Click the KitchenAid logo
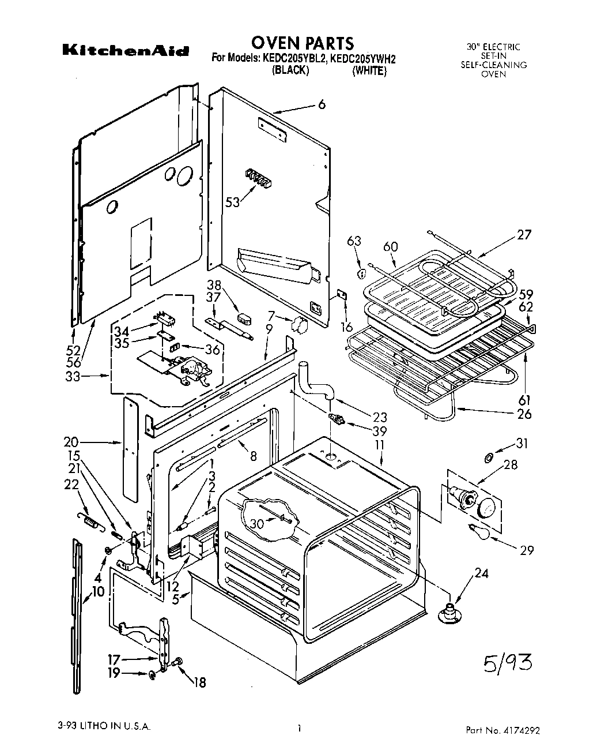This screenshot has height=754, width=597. click(125, 51)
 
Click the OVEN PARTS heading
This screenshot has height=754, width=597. click(302, 43)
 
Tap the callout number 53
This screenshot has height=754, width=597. click(232, 202)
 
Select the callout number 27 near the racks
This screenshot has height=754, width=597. click(524, 235)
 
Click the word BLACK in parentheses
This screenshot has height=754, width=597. click(290, 71)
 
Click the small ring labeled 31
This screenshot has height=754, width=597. click(487, 457)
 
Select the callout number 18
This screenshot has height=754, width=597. click(200, 682)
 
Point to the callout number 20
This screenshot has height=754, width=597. click(71, 442)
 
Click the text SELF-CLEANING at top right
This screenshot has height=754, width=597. click(493, 65)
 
